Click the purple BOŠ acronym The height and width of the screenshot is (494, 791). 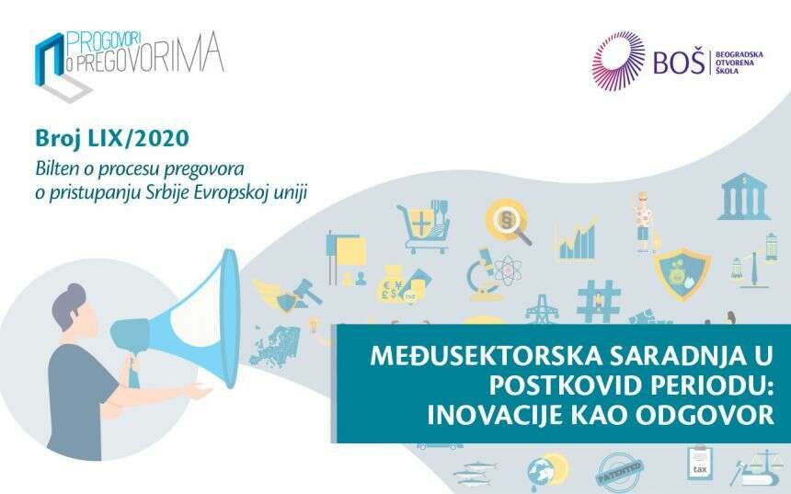click(679, 62)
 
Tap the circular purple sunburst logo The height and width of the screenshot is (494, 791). click(618, 61)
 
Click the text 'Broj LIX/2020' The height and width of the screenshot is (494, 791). click(112, 138)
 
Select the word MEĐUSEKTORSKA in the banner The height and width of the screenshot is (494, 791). click(486, 356)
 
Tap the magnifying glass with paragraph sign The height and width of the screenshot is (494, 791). click(508, 222)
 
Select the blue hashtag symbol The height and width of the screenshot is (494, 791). click(599, 301)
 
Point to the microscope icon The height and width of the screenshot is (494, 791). click(483, 274)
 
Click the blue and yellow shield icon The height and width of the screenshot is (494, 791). click(682, 273)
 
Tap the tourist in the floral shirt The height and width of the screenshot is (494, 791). click(643, 222)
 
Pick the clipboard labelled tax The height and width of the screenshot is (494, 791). click(699, 464)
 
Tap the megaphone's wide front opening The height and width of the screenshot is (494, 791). click(230, 319)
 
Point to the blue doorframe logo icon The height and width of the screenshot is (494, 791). click(50, 60)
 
